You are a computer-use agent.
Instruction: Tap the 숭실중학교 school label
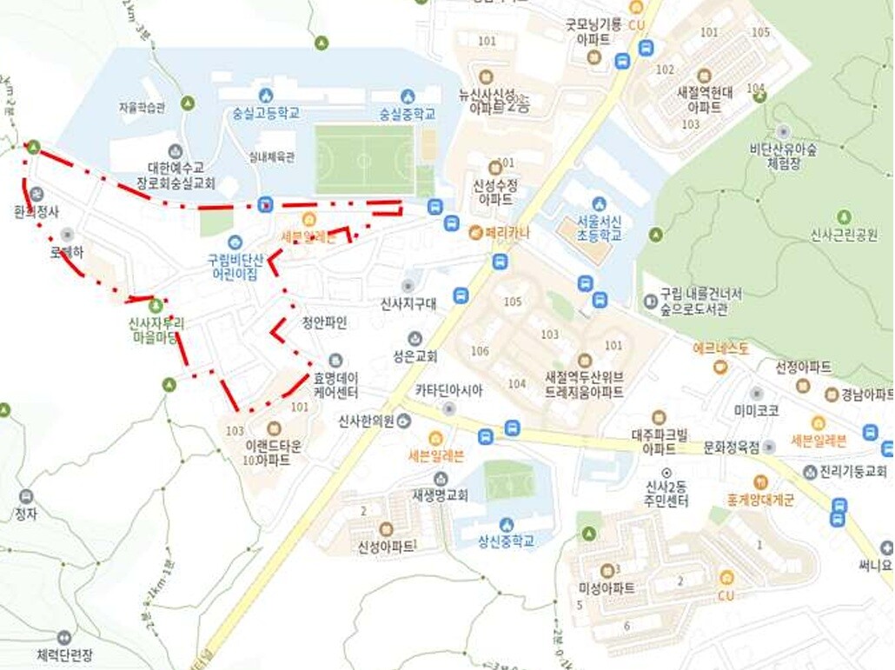pos(407,113)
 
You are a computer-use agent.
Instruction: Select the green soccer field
pos(364,160)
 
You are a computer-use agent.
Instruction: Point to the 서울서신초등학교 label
pos(598,228)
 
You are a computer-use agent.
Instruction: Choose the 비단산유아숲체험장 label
pos(785,156)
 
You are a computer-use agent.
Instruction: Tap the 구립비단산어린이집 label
pos(234,266)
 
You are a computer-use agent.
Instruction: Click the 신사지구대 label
pos(408,304)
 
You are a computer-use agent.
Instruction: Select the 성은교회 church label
pos(414,355)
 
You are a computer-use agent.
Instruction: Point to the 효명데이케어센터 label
pos(335,384)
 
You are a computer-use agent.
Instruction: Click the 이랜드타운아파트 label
pos(274,452)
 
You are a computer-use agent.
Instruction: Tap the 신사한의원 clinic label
pos(366,421)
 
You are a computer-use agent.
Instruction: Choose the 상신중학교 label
pos(505,541)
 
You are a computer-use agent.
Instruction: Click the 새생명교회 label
pos(440,495)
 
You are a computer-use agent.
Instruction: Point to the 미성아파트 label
pos(607,587)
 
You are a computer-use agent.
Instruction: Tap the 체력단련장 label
pos(64,654)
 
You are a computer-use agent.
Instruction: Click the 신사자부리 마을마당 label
pos(156,329)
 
